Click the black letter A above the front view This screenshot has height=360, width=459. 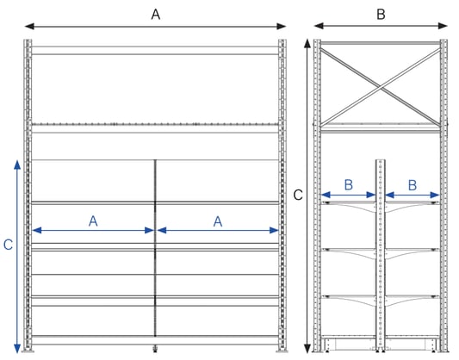tap(155, 15)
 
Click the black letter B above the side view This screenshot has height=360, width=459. tap(381, 15)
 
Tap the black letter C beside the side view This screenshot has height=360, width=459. tap(298, 195)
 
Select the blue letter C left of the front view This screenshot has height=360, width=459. tap(8, 245)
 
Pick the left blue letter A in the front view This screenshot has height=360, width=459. tap(93, 221)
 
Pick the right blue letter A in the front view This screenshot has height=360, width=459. tap(218, 221)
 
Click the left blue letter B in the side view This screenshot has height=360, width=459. tap(349, 185)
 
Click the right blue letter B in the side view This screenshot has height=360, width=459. tap(412, 185)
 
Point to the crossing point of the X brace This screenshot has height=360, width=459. tap(381, 87)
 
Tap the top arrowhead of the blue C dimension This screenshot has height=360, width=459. tap(17, 164)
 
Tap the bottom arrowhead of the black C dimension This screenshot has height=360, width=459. tap(307, 348)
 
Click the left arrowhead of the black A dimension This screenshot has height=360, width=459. tap(29, 27)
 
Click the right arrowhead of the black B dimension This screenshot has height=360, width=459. tap(443, 26)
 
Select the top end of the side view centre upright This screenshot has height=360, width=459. tap(381, 160)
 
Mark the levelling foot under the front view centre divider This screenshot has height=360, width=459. tap(155, 349)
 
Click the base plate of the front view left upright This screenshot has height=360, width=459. tap(28, 351)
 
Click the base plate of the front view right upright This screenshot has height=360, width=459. tap(282, 351)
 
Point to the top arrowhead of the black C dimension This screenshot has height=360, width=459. tap(307, 44)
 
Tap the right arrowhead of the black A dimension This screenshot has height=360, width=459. tap(282, 27)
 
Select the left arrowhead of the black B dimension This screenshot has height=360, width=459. tap(319, 26)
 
